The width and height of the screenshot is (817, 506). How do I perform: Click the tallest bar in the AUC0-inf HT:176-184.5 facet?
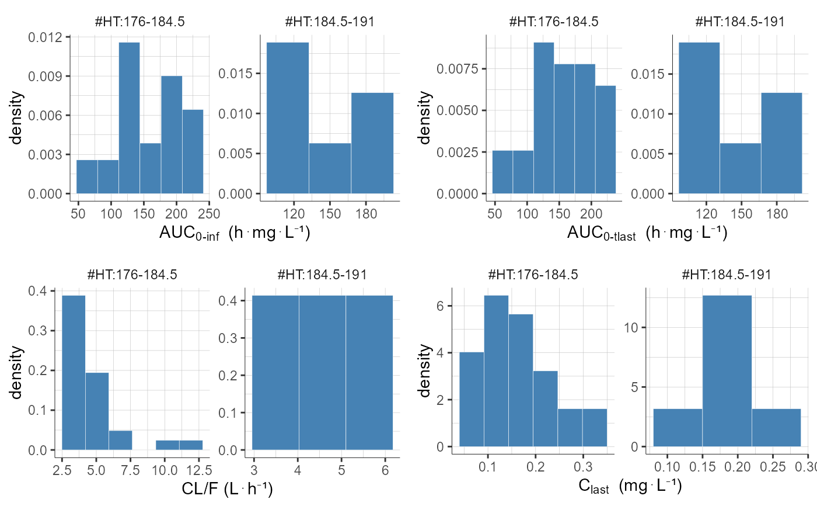(x=129, y=117)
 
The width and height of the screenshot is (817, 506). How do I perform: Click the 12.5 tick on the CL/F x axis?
(x=196, y=468)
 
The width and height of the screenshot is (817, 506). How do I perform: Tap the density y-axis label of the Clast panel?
(x=425, y=372)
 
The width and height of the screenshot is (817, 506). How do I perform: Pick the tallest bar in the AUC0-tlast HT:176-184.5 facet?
(x=543, y=117)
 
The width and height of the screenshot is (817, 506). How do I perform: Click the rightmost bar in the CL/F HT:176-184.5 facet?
(x=191, y=445)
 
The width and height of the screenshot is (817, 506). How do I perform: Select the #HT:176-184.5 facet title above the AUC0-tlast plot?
(x=553, y=22)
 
